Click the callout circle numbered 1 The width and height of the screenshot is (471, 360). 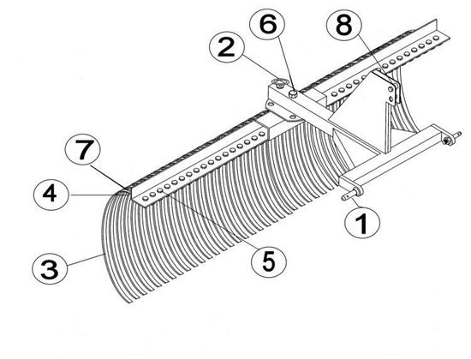[x=362, y=223]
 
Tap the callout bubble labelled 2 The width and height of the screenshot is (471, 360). [x=227, y=48]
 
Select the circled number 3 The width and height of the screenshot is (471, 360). [x=50, y=269]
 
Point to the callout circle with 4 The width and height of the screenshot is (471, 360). [x=51, y=194]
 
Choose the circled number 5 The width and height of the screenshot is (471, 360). [x=269, y=261]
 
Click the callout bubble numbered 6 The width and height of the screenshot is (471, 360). [x=267, y=24]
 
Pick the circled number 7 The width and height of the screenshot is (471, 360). [x=82, y=149]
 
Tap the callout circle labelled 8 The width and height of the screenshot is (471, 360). [x=344, y=25]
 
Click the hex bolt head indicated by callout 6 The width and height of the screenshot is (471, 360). [x=293, y=94]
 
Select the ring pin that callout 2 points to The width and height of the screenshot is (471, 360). [x=279, y=82]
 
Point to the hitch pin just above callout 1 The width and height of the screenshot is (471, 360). [x=352, y=193]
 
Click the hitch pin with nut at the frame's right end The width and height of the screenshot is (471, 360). [x=450, y=138]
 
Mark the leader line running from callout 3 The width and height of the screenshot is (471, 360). [x=86, y=260]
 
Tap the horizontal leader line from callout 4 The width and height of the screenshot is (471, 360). [x=99, y=195]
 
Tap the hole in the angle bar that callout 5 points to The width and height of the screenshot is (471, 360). [x=160, y=190]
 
